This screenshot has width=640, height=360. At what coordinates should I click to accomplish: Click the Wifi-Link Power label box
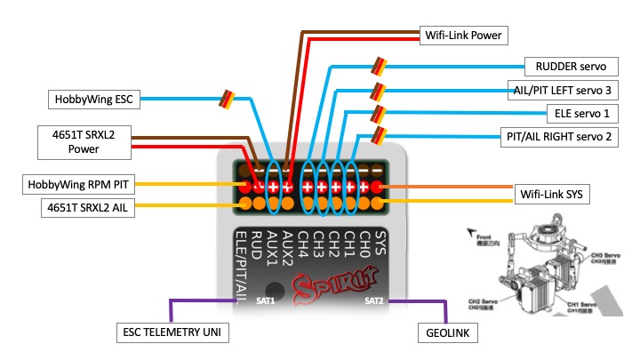click(x=461, y=36)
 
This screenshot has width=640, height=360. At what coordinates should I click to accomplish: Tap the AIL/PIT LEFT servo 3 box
click(x=565, y=90)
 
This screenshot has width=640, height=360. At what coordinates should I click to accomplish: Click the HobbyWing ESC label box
click(x=93, y=99)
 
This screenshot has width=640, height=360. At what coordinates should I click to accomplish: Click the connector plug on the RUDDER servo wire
click(x=379, y=65)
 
